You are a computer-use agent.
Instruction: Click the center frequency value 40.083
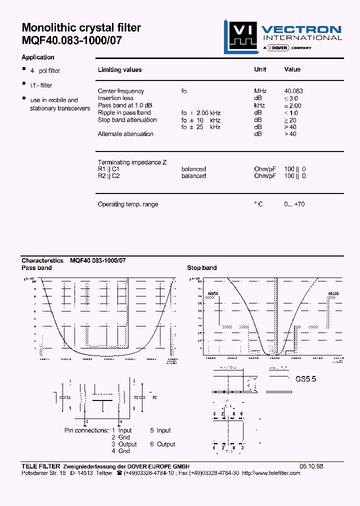[x=293, y=91]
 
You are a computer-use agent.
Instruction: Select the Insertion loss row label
[x=115, y=98]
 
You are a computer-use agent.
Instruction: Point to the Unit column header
[x=260, y=69]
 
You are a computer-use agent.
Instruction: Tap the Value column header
[x=292, y=69]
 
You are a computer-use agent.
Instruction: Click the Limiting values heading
[x=119, y=70]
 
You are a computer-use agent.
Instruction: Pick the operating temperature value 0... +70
[x=294, y=204]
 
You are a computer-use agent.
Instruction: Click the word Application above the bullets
[x=38, y=57]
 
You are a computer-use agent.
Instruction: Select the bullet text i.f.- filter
[x=41, y=85]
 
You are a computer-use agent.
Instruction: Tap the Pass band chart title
[x=36, y=268]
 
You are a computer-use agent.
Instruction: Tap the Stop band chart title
[x=202, y=268]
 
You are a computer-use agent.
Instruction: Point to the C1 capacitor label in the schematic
[x=68, y=397]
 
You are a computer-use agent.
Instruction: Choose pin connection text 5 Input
[x=160, y=430]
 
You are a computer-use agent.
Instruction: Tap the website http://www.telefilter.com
[x=271, y=473]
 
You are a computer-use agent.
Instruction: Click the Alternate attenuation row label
[x=125, y=134]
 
